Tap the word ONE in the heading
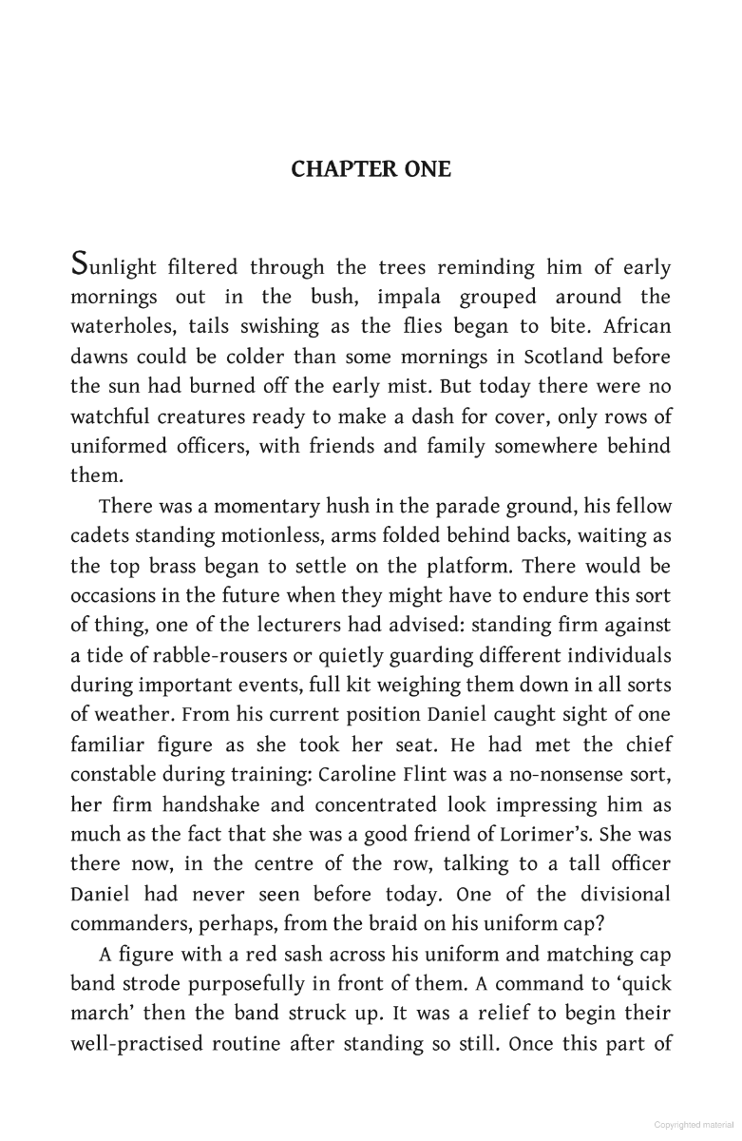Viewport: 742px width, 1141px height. pyautogui.click(x=424, y=169)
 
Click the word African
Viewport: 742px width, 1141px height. pyautogui.click(x=637, y=327)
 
